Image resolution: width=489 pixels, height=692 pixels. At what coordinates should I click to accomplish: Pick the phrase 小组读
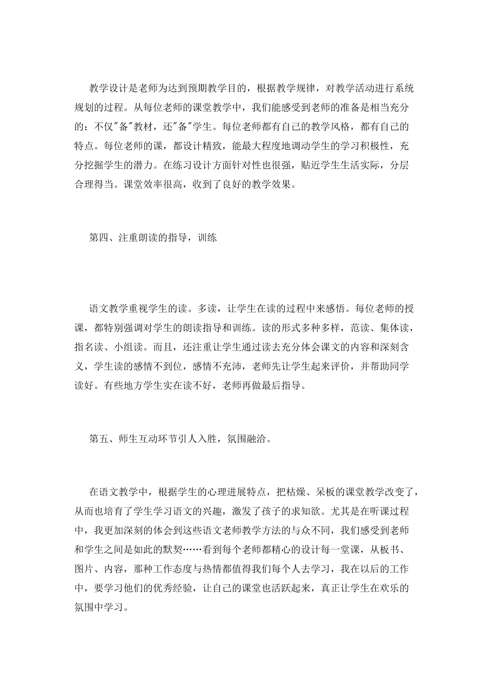[x=136, y=347]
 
